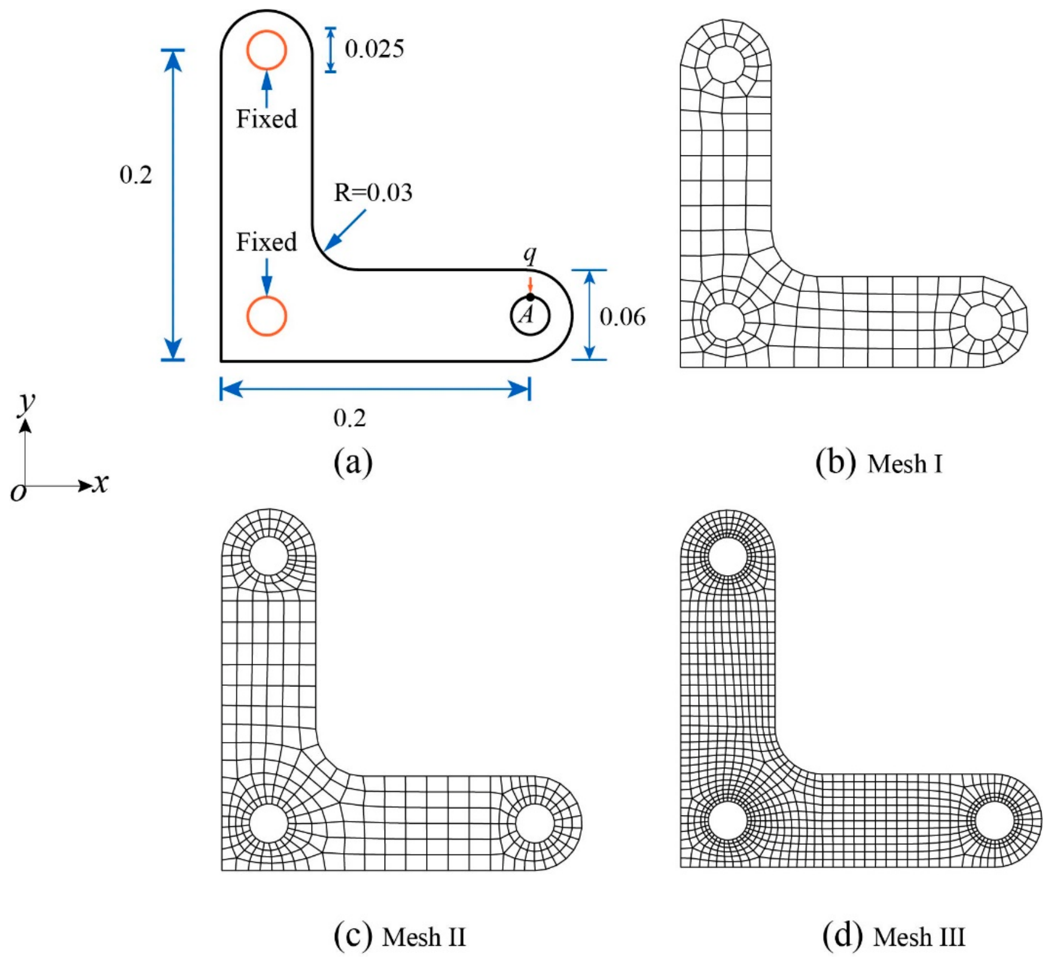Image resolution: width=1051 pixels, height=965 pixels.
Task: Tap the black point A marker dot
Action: point(530,297)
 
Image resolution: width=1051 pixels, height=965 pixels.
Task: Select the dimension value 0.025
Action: point(374,49)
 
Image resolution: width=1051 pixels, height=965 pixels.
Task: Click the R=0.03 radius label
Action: point(373,193)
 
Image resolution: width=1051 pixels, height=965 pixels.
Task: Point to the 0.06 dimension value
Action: point(623,317)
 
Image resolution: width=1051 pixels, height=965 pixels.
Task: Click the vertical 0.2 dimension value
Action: point(136,175)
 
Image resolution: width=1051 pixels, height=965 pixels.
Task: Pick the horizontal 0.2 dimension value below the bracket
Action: point(350,418)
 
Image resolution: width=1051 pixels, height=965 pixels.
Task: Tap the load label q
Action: point(530,255)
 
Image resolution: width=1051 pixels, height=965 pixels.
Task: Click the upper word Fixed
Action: point(267,119)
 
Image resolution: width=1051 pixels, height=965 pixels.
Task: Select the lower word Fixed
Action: point(267,242)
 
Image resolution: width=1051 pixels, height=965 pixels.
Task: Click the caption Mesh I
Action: point(905,464)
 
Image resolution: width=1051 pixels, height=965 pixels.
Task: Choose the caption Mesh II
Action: point(424,937)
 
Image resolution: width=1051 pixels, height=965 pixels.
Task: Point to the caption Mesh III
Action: point(919,937)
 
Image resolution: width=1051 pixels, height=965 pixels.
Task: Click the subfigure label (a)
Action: point(354,462)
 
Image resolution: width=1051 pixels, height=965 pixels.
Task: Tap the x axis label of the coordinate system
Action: point(101,482)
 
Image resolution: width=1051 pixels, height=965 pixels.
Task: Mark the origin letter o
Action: point(19,493)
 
